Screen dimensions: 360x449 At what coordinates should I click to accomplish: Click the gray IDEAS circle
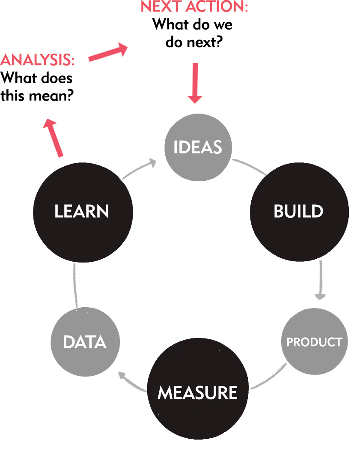coord(198,147)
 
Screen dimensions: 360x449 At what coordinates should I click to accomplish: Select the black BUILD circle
coord(299,212)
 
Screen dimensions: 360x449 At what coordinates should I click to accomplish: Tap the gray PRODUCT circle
coord(314,341)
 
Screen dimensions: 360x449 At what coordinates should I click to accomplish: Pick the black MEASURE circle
coord(198,389)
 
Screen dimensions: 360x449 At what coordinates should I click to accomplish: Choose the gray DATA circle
coord(85,342)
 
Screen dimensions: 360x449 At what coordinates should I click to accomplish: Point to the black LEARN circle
coord(83,213)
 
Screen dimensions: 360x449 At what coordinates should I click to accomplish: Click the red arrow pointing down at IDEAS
coord(195,83)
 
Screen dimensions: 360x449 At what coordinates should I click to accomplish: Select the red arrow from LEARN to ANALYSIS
coord(54,138)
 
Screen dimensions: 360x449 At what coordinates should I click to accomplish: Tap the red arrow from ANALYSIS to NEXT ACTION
coord(108,52)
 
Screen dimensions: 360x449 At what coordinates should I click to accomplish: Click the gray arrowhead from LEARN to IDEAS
coord(152,163)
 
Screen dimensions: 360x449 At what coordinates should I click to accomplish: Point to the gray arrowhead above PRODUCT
coord(320,296)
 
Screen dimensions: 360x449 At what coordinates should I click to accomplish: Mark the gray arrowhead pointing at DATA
coord(122,376)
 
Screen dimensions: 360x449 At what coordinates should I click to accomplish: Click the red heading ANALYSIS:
coord(38,60)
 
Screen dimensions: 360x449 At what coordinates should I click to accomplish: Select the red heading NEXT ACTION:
coord(194,6)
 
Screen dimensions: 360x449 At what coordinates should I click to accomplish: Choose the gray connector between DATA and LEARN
coord(75,285)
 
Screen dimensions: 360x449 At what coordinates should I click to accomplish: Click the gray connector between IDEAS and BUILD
coord(249,166)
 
